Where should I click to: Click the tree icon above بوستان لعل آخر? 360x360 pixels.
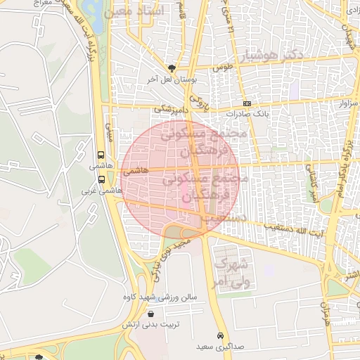tap(172, 68)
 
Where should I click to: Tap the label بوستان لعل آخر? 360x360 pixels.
tap(169, 79)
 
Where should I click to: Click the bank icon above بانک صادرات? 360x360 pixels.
tap(247, 103)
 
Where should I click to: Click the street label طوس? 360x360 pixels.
tap(223, 67)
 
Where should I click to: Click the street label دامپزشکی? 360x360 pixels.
tap(172, 109)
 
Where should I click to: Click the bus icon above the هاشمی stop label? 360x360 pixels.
tap(101, 155)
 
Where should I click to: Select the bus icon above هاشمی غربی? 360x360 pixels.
tap(101, 179)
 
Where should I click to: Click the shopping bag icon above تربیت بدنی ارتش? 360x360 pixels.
tap(151, 314)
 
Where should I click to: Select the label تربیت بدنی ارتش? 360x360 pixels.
tap(148, 324)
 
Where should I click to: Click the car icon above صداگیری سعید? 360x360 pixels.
tap(221, 335)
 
